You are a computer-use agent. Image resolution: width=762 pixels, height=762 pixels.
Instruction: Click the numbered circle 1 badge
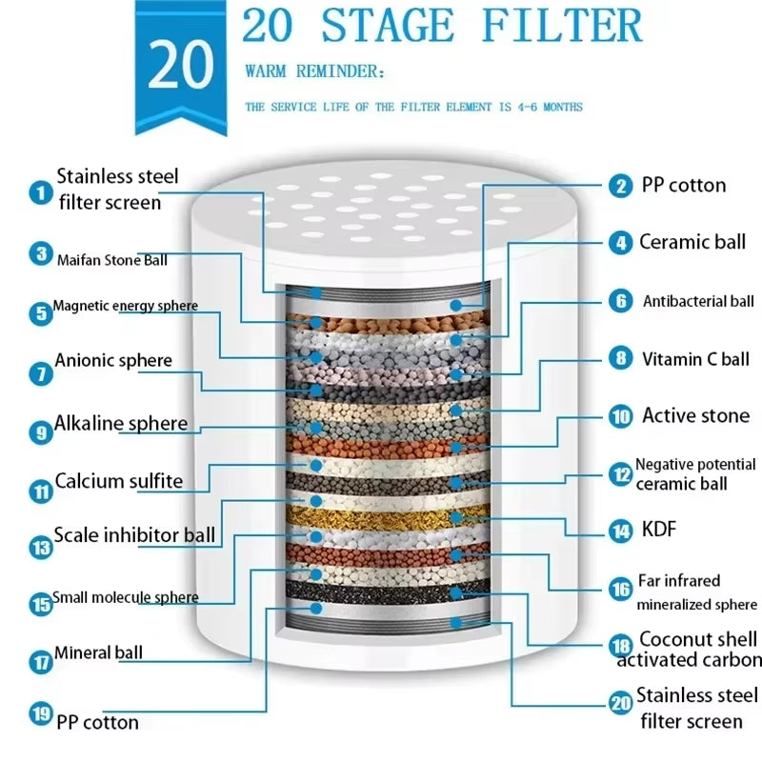(x=40, y=192)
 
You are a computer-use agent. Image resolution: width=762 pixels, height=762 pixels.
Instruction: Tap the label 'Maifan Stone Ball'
(x=111, y=259)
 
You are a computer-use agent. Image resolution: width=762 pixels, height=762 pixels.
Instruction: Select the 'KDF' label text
(x=659, y=529)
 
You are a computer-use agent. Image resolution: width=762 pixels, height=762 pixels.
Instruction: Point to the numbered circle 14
(x=621, y=531)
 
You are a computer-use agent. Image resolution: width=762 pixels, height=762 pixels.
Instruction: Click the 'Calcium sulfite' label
(x=118, y=481)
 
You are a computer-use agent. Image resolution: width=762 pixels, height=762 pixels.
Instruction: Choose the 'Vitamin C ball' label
(x=695, y=359)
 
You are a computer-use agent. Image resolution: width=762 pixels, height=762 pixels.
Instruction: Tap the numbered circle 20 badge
(x=620, y=704)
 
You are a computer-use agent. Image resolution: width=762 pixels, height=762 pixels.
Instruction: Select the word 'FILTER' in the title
(x=562, y=26)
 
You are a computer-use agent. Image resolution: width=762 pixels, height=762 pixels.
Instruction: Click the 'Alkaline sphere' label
(x=121, y=423)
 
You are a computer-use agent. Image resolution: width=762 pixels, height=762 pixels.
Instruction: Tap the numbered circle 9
(x=40, y=431)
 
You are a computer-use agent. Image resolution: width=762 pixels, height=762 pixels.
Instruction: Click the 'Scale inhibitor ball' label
(x=134, y=534)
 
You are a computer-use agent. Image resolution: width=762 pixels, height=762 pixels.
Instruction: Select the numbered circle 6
(x=621, y=301)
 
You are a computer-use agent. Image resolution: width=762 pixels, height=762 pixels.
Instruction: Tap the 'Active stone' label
(x=695, y=415)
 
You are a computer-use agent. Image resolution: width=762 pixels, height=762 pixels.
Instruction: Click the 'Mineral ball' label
(x=98, y=652)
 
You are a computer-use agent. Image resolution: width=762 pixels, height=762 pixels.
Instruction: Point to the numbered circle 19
(x=40, y=713)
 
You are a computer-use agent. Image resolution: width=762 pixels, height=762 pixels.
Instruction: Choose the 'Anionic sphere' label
(x=113, y=360)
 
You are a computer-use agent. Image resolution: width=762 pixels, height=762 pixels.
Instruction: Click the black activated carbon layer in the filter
(x=381, y=592)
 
